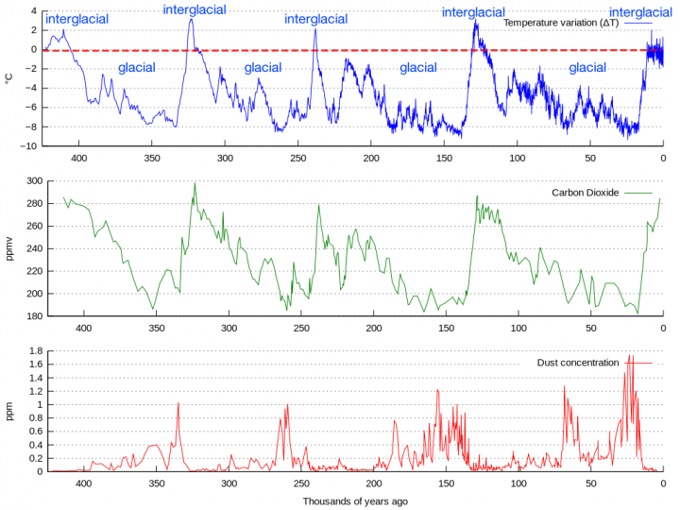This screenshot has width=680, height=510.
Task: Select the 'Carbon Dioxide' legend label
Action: tap(586, 193)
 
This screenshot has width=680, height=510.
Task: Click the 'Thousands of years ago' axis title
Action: tap(355, 501)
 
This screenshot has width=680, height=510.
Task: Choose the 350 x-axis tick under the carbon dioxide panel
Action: tap(156, 329)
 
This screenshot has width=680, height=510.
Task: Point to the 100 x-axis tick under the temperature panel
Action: tap(518, 159)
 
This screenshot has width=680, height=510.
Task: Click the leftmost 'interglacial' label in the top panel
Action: tap(76, 19)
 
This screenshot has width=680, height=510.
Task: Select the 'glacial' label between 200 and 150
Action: tap(417, 68)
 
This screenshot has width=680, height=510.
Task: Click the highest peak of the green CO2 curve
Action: tap(195, 183)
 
